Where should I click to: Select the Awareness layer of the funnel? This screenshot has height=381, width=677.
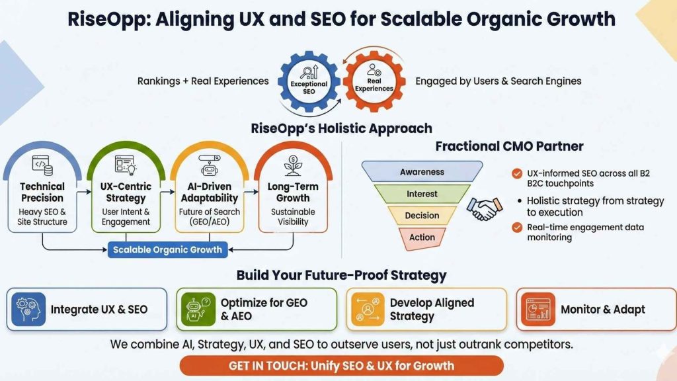pos(422,172)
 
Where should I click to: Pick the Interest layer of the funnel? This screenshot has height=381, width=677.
pos(422,194)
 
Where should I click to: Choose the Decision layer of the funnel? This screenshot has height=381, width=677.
pos(422,216)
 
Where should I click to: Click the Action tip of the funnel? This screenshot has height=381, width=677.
pos(422,237)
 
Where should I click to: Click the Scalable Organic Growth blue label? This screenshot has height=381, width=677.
pos(168,250)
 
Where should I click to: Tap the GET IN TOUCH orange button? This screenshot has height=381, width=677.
pos(341,365)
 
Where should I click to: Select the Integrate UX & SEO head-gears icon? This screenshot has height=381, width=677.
pos(28,309)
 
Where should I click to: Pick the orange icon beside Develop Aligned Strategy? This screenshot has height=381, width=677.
pos(368,309)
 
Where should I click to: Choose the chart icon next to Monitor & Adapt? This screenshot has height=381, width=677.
pos(538,309)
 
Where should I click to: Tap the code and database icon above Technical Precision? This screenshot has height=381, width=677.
pos(42,163)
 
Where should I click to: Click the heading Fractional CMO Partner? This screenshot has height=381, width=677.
pos(509,146)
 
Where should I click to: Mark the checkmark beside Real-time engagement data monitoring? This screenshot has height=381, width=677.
pos(517,228)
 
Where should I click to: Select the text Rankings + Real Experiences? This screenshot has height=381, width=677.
pos(203,81)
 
